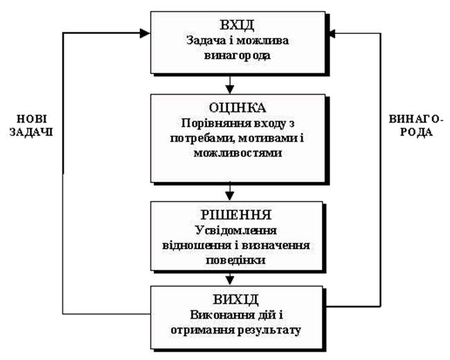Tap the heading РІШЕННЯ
pyautogui.click(x=230, y=215)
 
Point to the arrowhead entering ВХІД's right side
pyautogui.click(x=332, y=32)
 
